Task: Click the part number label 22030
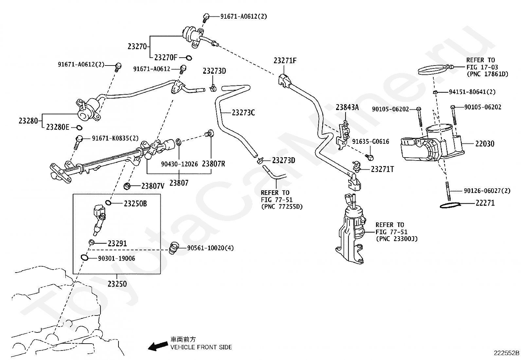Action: pyautogui.click(x=485, y=144)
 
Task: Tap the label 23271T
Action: pyautogui.click(x=382, y=169)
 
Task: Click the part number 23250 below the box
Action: pyautogui.click(x=117, y=284)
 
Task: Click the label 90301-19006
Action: pyautogui.click(x=117, y=258)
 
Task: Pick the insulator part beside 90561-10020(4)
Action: pyautogui.click(x=174, y=248)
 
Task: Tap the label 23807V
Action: pyautogui.click(x=153, y=186)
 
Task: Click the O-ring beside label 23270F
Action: pyautogui.click(x=189, y=58)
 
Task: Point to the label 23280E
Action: pyautogui.click(x=58, y=127)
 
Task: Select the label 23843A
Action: pyautogui.click(x=347, y=107)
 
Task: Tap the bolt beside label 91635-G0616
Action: pyautogui.click(x=370, y=158)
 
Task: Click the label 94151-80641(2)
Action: pyautogui.click(x=472, y=92)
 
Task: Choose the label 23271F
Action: pyautogui.click(x=285, y=61)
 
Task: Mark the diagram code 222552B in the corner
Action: pyautogui.click(x=506, y=353)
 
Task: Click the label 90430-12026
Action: pyautogui.click(x=179, y=164)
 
